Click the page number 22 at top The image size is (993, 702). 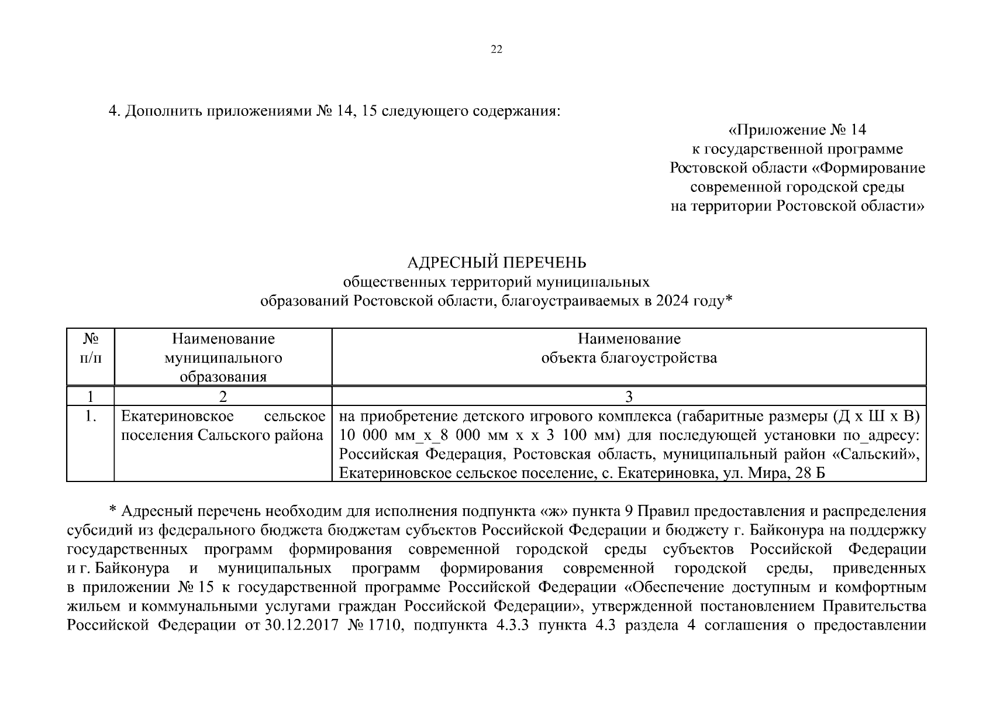point(496,50)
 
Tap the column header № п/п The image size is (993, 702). point(90,349)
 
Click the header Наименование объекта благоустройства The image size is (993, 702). point(629,349)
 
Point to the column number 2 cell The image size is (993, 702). point(223,397)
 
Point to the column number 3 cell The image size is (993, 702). point(629,397)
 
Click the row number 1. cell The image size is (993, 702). point(90,417)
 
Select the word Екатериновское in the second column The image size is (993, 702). point(177,417)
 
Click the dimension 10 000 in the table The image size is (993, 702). point(360,436)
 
